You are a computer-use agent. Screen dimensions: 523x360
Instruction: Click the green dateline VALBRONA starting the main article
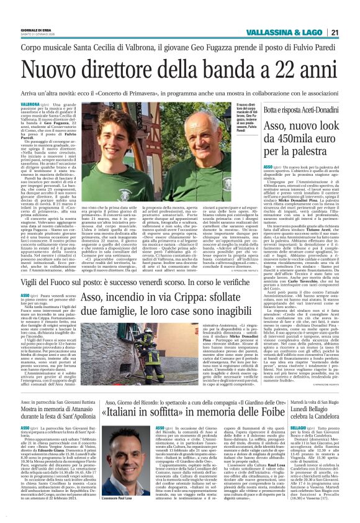click(x=48, y=104)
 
